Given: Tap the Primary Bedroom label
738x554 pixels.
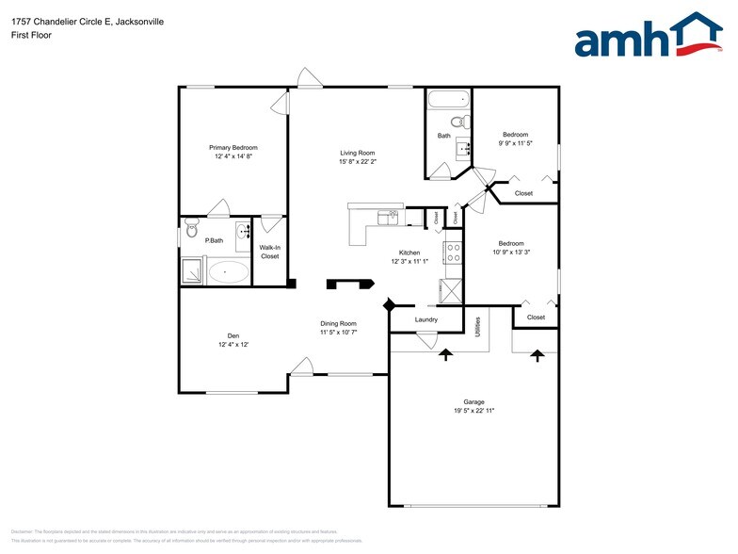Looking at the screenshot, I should pos(233,148).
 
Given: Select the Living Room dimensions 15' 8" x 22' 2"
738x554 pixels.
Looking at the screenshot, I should pos(358,161).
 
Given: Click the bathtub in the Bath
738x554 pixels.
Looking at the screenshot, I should pos(448,100).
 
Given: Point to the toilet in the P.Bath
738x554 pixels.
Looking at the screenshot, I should pos(191,226).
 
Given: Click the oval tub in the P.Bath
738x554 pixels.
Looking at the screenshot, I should pos(228,273).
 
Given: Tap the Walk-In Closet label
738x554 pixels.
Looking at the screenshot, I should pos(270,252).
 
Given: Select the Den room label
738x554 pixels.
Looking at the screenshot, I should pos(233,335).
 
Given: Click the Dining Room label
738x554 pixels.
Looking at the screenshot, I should pos(339,323).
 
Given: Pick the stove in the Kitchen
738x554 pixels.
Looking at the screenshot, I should pos(453,253).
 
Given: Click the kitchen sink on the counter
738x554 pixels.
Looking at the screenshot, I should pos(388,218).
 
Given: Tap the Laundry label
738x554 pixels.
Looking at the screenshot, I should pos(426,319).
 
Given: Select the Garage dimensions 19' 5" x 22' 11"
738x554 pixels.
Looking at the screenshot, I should pos(474,411).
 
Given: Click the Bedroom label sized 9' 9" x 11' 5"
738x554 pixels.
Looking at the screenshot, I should pos(515,135).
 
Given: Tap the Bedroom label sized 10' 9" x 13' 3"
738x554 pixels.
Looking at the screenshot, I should pos(511,243).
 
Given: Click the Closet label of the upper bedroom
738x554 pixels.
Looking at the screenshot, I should pos(523,193).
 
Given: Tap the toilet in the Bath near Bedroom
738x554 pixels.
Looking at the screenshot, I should pos(458,122).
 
